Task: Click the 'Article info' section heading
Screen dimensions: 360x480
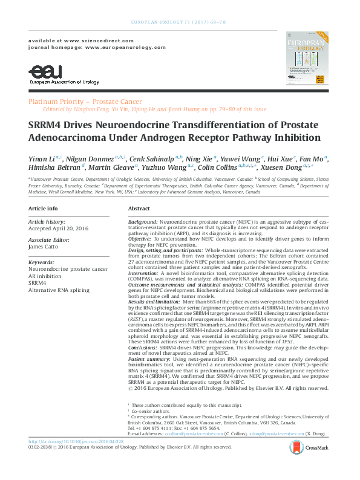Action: [44, 208]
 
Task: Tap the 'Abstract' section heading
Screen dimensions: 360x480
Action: [139, 208]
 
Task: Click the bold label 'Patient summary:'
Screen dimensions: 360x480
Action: [149, 343]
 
